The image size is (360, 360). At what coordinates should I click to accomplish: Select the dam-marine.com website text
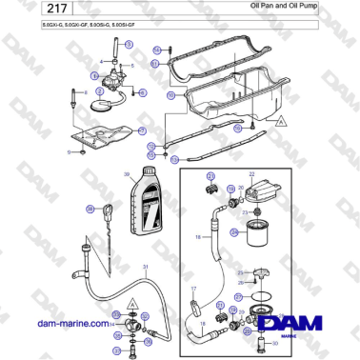point(70,324)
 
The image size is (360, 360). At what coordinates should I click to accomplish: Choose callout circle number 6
point(143,92)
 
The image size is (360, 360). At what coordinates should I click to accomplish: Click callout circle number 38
point(91,209)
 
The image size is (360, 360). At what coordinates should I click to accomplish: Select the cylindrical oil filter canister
point(254,232)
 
